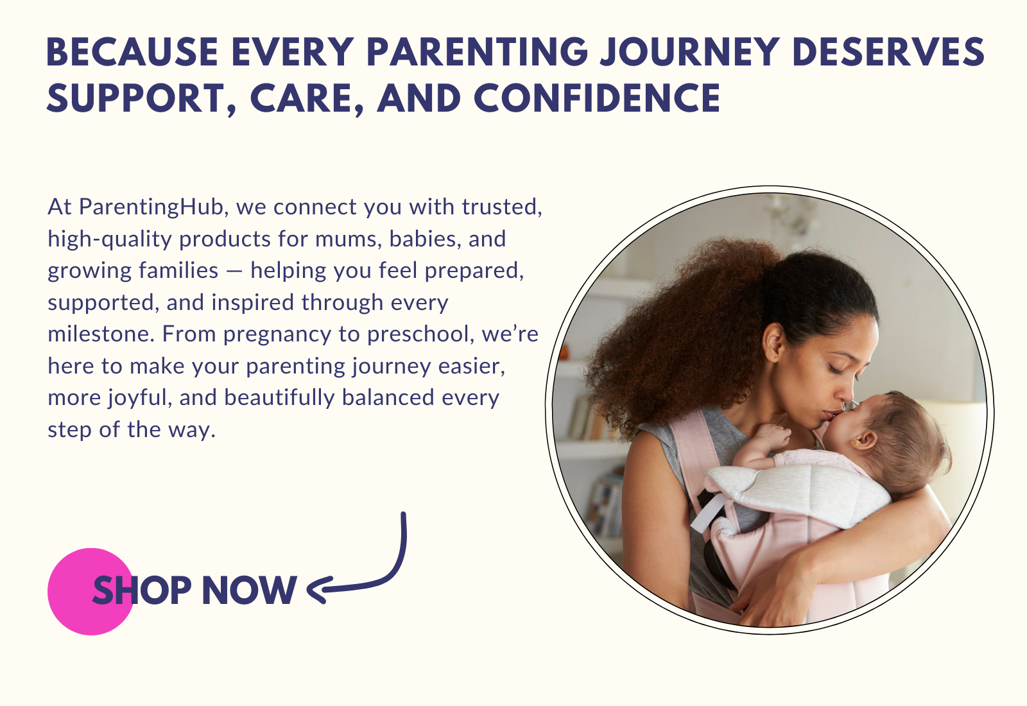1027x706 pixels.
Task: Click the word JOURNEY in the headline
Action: coord(689,52)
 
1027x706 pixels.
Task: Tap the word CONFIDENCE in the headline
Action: coord(597,98)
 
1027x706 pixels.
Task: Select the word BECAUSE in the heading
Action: coord(132,52)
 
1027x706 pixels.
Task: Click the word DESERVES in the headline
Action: coord(888,52)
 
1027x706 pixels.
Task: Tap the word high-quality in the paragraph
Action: coord(110,239)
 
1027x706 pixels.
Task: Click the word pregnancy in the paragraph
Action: coord(277,335)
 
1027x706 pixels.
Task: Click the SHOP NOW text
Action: coord(194,590)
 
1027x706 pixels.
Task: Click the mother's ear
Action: coord(774,342)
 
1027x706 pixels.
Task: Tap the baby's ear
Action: coord(863,441)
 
